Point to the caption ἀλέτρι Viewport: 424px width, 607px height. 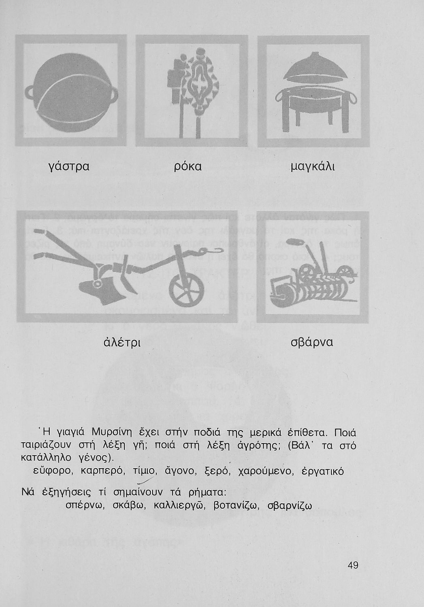tap(122, 342)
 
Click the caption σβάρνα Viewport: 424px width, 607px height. tap(312, 342)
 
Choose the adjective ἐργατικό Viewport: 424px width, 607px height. tap(323, 472)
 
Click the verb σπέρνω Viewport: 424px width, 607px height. tap(85, 506)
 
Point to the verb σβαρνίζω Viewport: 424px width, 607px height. tap(290, 506)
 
